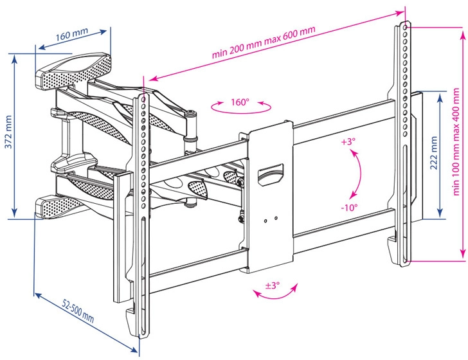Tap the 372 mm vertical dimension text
point(9,132)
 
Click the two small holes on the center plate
point(270,219)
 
